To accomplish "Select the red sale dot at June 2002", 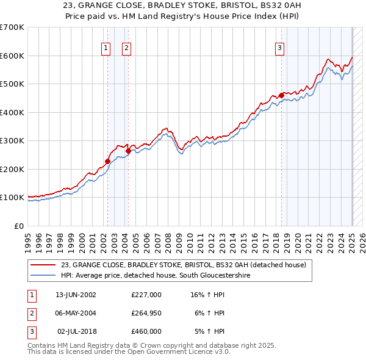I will click(x=107, y=162).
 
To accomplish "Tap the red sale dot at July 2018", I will click(x=281, y=95).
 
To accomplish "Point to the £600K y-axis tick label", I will click(x=12, y=56).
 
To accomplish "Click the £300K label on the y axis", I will click(x=12, y=141).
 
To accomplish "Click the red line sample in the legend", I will click(x=44, y=265).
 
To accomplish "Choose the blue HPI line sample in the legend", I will click(x=44, y=276).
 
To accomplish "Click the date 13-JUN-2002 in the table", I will click(x=76, y=295).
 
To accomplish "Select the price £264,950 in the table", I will click(x=146, y=313).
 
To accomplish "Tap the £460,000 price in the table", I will click(x=146, y=331).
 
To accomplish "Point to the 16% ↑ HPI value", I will click(x=207, y=295).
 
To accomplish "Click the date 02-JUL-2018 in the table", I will click(x=77, y=331).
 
